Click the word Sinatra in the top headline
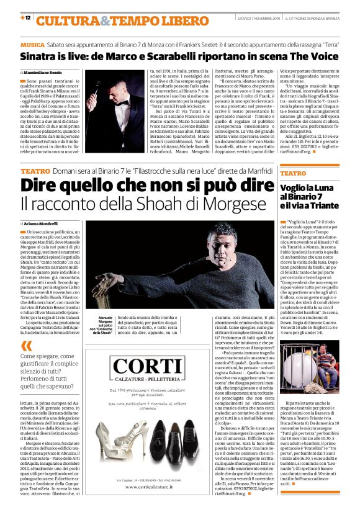coord(42,58)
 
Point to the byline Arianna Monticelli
coord(43,222)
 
